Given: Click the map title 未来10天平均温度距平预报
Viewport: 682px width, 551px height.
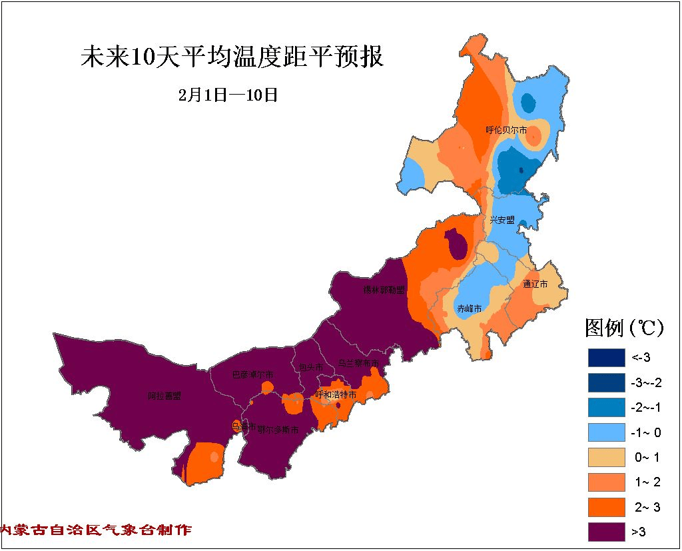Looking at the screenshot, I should coord(232,58).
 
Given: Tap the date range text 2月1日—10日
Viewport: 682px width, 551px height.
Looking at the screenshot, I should coord(228,95).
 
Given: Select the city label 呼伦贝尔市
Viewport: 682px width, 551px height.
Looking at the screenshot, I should coord(506,130).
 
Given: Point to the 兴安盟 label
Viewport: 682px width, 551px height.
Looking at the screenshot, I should coord(503,219).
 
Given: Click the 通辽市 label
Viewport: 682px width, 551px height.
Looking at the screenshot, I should coord(535,284).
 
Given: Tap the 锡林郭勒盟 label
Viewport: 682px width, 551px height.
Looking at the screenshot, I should coord(384,290).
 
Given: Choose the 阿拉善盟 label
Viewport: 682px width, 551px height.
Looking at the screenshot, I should coord(164,396).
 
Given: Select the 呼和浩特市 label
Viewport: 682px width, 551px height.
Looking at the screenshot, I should coord(336,394).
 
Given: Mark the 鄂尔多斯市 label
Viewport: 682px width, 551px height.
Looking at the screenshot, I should coord(277,430).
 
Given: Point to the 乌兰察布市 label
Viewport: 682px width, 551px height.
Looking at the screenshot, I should coord(358,362).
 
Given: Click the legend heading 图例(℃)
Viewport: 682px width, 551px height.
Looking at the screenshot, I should coord(625,328).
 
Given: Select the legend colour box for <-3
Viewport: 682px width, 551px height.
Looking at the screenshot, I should coord(606,358).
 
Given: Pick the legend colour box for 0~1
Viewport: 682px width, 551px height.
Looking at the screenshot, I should coord(606,458).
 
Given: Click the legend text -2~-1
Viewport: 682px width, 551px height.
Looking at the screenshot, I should coord(645,408).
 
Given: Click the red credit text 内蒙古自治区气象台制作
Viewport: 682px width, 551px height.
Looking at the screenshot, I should coord(96,530).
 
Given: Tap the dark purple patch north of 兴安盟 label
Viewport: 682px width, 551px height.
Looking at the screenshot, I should coord(456,244).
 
